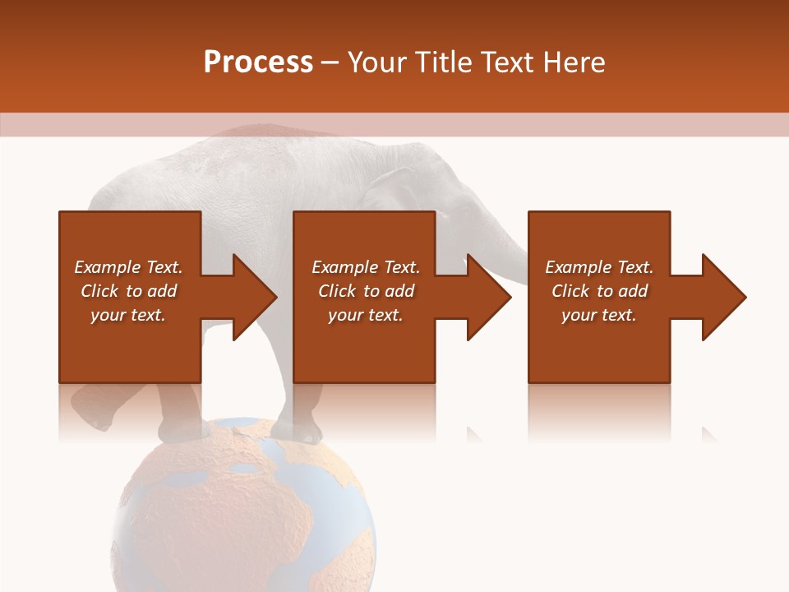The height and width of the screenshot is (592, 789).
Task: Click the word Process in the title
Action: pyautogui.click(x=258, y=62)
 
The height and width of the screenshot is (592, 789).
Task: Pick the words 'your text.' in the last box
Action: pyautogui.click(x=598, y=315)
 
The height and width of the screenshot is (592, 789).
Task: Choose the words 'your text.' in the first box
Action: pyautogui.click(x=127, y=315)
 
